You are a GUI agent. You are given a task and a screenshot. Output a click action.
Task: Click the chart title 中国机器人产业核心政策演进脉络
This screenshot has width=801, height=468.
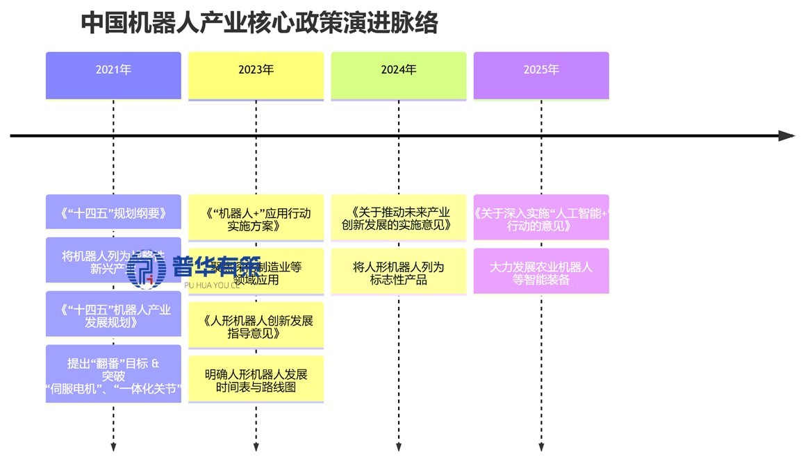[259, 22]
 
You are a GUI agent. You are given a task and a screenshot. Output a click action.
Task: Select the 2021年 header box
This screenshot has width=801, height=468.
[113, 75]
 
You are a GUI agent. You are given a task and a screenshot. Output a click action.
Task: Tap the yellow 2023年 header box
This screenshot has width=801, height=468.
[256, 75]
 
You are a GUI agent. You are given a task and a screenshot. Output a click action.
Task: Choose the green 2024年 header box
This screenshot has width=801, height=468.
[398, 75]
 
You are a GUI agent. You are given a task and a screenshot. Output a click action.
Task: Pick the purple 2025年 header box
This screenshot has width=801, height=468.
[541, 75]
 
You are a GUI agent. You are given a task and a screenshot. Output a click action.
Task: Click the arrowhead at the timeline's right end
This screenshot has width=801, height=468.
[786, 136]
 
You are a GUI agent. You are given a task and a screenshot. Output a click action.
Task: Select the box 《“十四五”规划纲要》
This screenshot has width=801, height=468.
[113, 212]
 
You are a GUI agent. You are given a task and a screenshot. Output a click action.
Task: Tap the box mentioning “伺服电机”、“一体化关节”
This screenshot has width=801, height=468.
[113, 374]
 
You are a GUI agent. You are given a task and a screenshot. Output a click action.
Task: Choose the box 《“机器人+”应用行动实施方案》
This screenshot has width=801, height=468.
[256, 218]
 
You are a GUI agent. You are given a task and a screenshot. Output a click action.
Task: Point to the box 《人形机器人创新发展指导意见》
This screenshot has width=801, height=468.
[256, 326]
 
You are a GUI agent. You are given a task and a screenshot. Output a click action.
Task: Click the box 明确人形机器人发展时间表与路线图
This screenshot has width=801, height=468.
[256, 379]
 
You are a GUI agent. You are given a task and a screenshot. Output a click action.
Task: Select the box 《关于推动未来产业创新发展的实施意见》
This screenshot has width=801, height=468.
[398, 218]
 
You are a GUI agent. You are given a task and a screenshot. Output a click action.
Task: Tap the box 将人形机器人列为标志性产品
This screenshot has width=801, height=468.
[398, 271]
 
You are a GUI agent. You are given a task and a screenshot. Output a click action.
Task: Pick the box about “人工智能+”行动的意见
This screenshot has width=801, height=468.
[541, 218]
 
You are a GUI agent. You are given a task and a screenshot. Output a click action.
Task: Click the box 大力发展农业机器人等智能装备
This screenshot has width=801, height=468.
[541, 271]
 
